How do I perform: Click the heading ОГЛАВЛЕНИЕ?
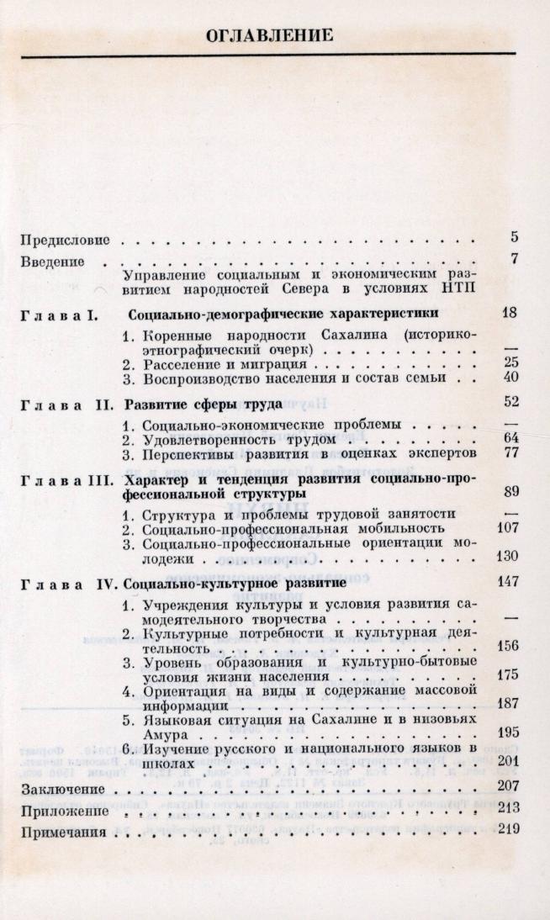(x=270, y=34)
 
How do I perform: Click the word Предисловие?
(x=67, y=240)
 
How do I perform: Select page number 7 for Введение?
(x=514, y=259)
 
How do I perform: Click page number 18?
(x=509, y=314)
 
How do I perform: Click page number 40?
(x=509, y=378)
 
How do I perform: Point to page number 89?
(x=509, y=492)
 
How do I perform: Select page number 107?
(x=506, y=528)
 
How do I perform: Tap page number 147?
(x=506, y=581)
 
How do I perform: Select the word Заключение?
(x=62, y=790)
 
